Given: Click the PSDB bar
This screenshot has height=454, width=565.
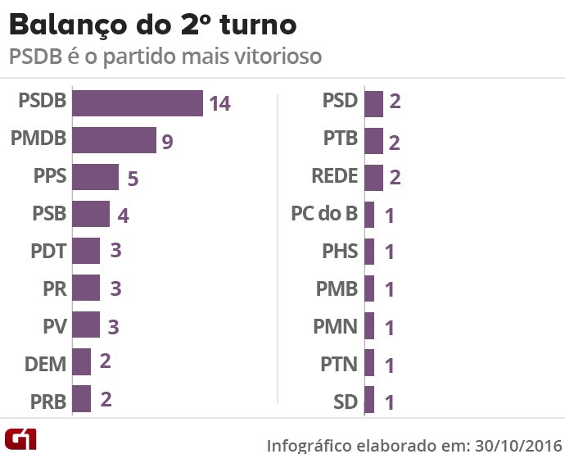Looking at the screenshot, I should coord(137,103).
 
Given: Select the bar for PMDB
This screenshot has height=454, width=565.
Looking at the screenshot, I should coord(114,140).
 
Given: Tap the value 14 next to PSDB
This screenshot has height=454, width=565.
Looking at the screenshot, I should coord(219,104).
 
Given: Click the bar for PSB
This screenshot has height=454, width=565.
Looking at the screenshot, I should coord(91,214).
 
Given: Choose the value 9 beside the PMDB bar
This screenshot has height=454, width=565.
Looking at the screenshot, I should coord(167,142).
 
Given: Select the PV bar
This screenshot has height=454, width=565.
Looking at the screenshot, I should coord(86,325).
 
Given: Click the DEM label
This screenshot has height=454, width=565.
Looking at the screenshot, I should coord(45,362).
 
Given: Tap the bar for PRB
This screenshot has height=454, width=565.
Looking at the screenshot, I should coord(81,399).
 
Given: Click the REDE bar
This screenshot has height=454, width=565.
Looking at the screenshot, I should coord(373,177).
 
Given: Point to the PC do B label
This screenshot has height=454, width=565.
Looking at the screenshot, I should coord(324,215).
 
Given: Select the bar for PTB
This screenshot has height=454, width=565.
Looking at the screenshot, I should coord(373,140).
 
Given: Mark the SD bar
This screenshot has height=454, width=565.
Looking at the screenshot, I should coord(369,400).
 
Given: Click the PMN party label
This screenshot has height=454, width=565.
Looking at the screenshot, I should coord(336,326).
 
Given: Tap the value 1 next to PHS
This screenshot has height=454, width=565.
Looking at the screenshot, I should coord(390,252).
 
